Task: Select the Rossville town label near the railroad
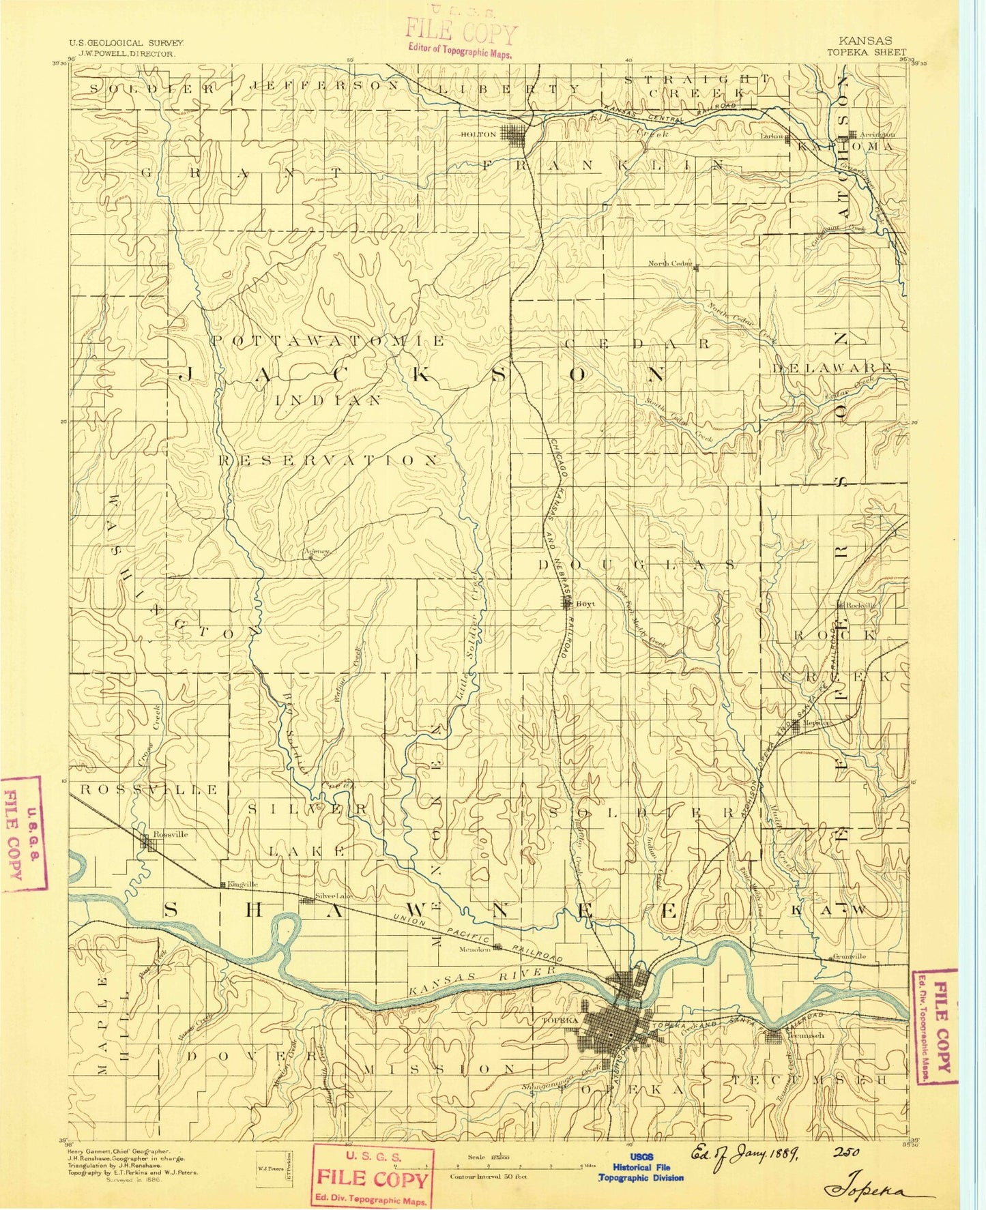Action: pyautogui.click(x=170, y=834)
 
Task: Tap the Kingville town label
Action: pyautogui.click(x=243, y=884)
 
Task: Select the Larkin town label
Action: pyautogui.click(x=770, y=136)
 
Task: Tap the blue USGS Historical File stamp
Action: pyautogui.click(x=641, y=1167)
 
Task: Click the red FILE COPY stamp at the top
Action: pyautogui.click(x=461, y=32)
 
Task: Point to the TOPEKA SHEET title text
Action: pyautogui.click(x=866, y=52)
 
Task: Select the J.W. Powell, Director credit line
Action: pyautogui.click(x=128, y=53)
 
